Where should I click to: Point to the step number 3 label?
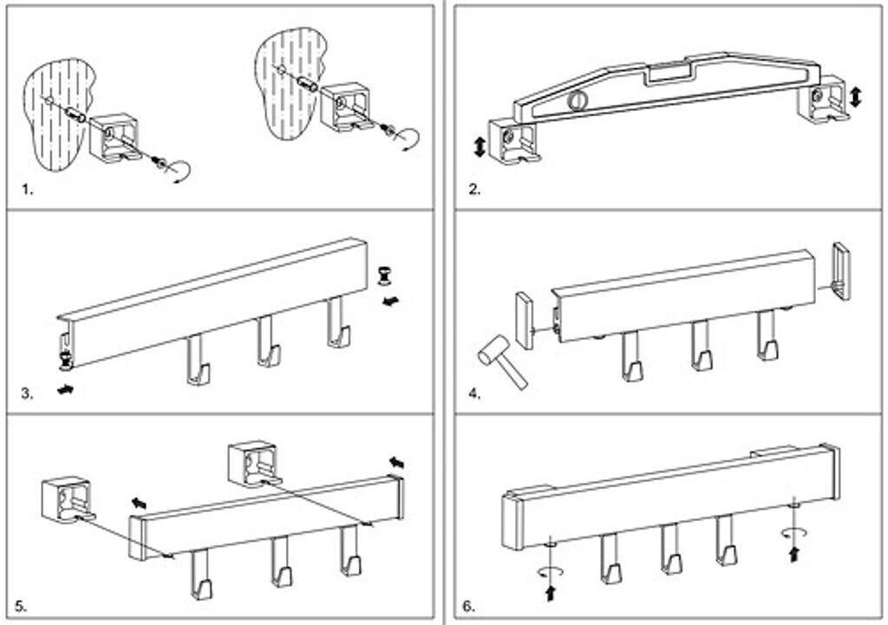pyautogui.click(x=28, y=394)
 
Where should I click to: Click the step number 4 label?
pyautogui.click(x=474, y=394)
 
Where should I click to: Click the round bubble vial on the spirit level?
pyautogui.click(x=576, y=102)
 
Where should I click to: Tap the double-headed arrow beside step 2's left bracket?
pyautogui.click(x=479, y=148)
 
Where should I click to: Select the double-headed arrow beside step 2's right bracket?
pyautogui.click(x=856, y=96)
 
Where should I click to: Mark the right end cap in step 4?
pyautogui.click(x=841, y=270)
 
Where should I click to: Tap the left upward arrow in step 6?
pyautogui.click(x=550, y=592)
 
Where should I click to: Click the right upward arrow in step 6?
pyautogui.click(x=794, y=552)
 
